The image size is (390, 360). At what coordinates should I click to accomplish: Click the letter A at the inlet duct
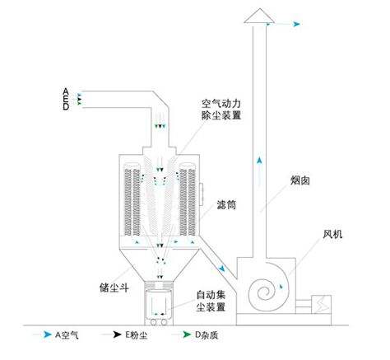(x=65, y=88)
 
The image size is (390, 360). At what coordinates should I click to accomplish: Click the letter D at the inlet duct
(x=65, y=104)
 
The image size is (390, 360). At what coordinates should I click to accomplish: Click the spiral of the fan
(x=267, y=289)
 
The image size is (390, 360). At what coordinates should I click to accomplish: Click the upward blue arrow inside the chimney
(x=262, y=162)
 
